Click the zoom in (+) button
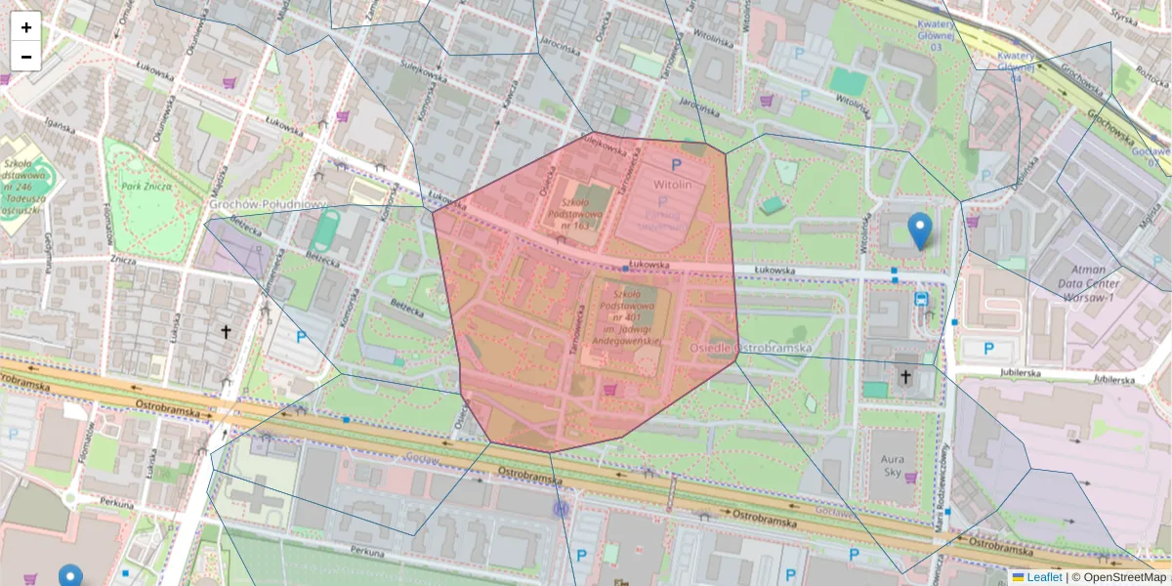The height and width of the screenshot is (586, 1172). (x=25, y=27)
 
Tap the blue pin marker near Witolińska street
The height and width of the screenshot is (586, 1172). (x=919, y=230)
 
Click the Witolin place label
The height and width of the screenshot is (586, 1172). (x=672, y=184)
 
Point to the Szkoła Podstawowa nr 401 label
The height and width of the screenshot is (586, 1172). (x=625, y=316)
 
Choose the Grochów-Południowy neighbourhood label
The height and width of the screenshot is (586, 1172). (x=267, y=204)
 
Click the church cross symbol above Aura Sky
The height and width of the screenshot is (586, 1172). (x=905, y=376)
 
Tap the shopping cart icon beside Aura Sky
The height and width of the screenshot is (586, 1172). (x=911, y=478)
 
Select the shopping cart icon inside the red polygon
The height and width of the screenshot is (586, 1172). (x=610, y=389)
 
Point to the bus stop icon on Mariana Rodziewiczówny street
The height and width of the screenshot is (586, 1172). (x=921, y=298)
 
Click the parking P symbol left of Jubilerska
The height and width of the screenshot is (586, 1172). (x=987, y=349)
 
